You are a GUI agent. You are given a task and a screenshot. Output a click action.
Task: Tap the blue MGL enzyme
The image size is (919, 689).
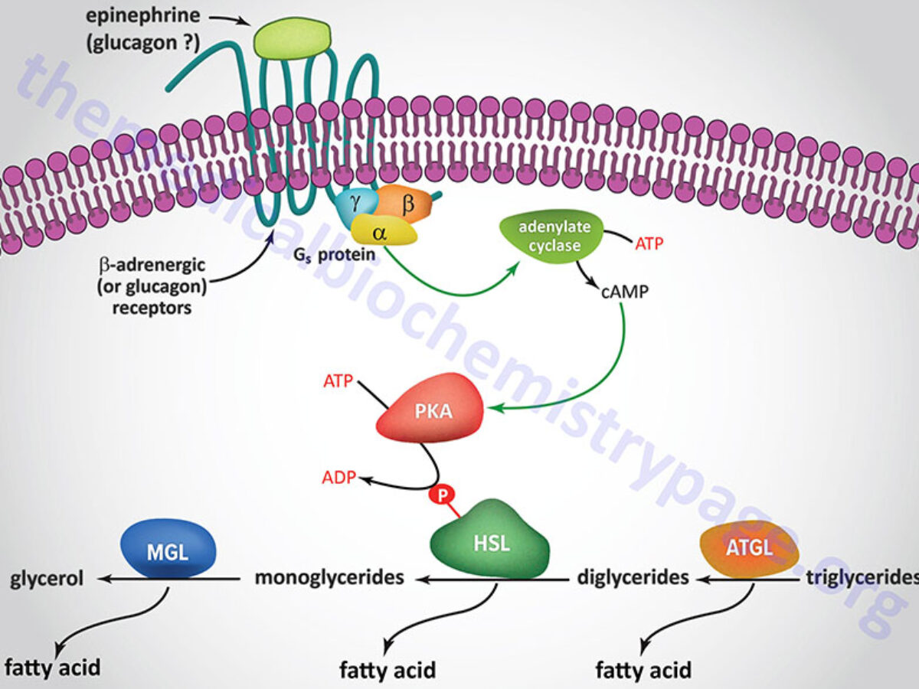click(168, 549)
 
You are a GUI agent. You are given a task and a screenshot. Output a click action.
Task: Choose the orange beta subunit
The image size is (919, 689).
click(406, 204)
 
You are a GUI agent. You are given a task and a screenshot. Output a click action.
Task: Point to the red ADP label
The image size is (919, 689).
click(339, 478)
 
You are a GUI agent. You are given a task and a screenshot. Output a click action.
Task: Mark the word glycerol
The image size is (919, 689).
click(47, 578)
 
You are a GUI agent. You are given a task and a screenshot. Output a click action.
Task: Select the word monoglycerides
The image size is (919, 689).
click(329, 577)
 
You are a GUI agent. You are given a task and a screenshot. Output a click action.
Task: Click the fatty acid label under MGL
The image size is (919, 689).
click(51, 667)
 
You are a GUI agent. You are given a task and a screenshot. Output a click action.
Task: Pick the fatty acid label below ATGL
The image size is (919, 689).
click(643, 671)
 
